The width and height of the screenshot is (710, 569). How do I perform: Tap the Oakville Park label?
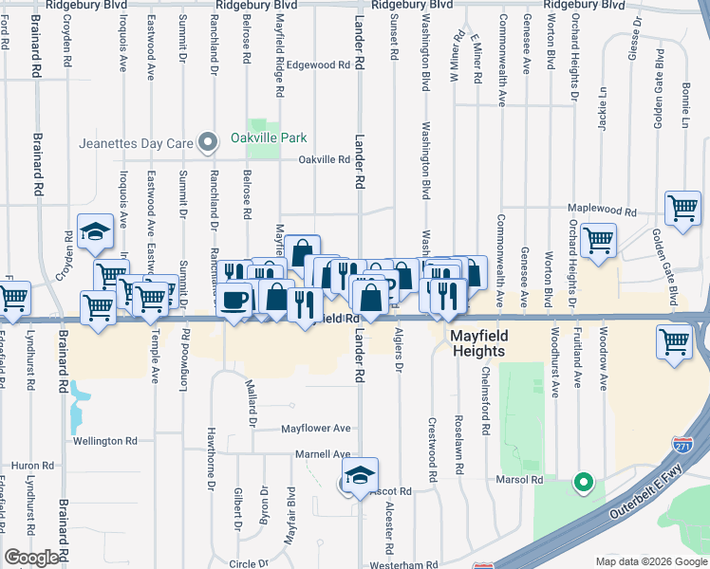pyautogui.click(x=269, y=138)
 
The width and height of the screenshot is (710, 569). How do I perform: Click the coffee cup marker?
pyautogui.click(x=234, y=299)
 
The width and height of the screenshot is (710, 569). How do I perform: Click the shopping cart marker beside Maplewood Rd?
pyautogui.click(x=682, y=207)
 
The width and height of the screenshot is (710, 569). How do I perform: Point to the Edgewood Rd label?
pyautogui.click(x=320, y=65)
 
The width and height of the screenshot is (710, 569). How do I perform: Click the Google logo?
pyautogui.click(x=31, y=558)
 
